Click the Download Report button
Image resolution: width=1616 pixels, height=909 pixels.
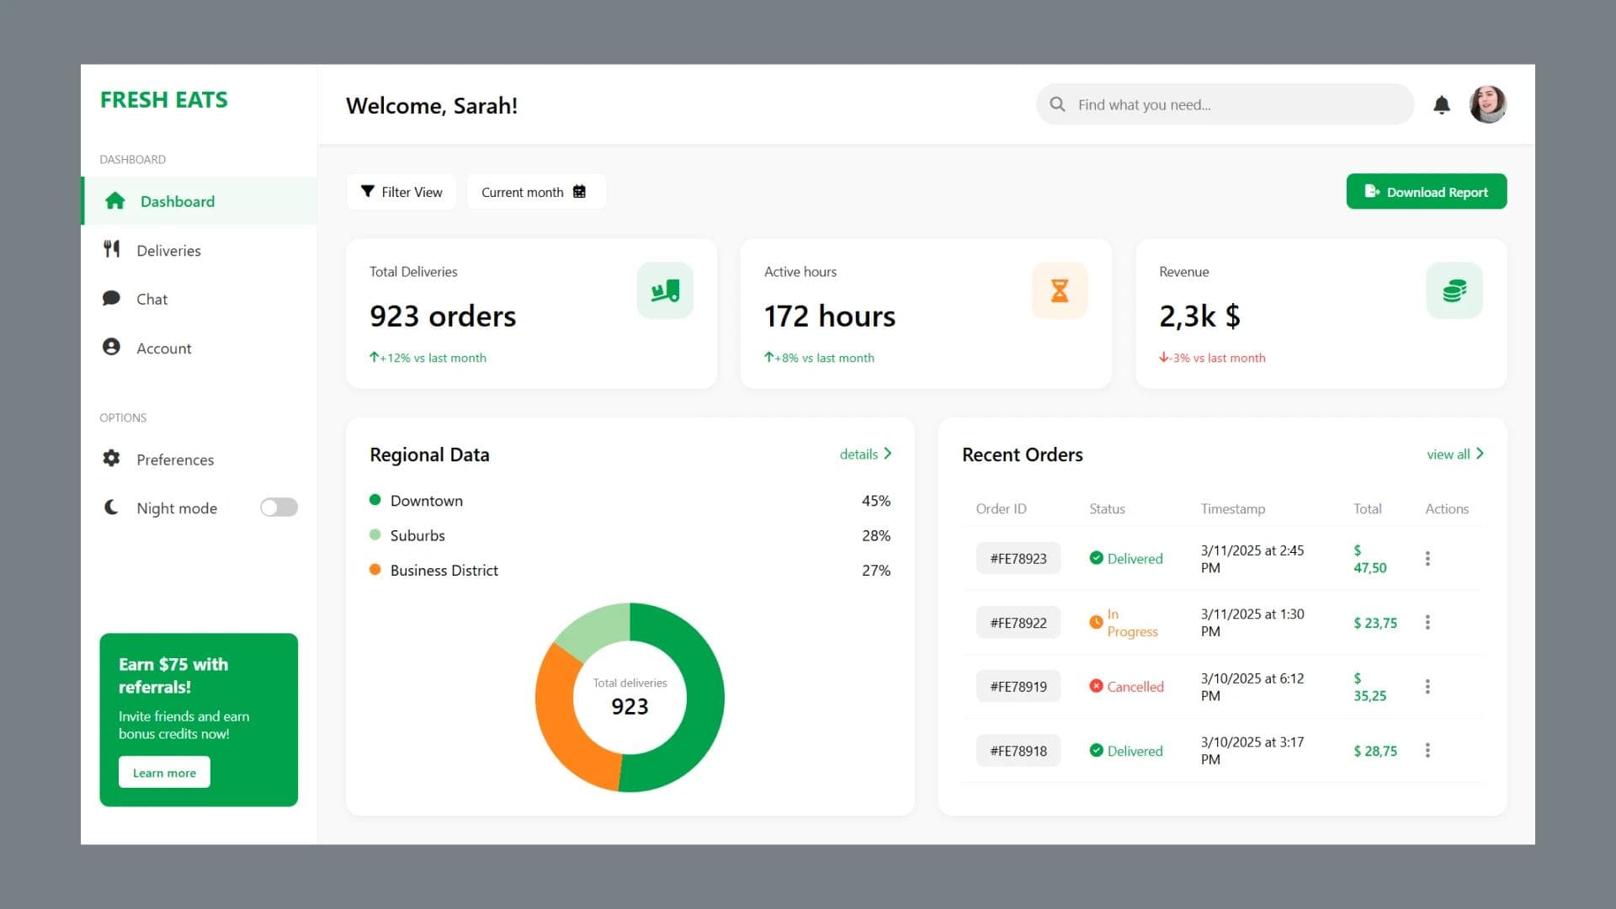click(x=1426, y=192)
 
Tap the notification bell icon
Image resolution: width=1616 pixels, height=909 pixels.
click(x=1441, y=105)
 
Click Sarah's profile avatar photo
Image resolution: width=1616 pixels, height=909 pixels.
click(x=1487, y=105)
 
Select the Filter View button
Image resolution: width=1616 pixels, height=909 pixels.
click(x=401, y=192)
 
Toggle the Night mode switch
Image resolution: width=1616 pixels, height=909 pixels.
click(x=279, y=508)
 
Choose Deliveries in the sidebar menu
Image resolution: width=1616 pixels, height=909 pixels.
click(x=168, y=251)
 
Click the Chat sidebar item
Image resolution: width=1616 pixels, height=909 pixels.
click(x=151, y=300)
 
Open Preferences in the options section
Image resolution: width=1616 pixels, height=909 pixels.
click(x=175, y=460)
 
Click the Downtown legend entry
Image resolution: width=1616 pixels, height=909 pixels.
click(x=426, y=501)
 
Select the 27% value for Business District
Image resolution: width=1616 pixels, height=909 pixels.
click(x=875, y=571)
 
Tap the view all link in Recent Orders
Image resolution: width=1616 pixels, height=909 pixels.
click(x=1454, y=454)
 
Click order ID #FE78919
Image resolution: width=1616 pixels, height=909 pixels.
click(x=1018, y=687)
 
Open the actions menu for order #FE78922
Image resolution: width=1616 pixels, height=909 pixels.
click(x=1427, y=623)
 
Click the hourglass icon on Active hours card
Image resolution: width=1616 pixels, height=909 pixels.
click(x=1059, y=291)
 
